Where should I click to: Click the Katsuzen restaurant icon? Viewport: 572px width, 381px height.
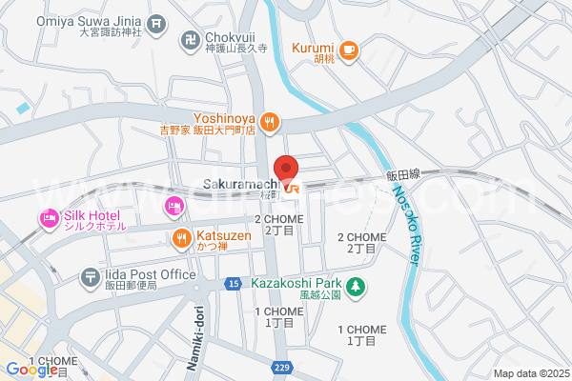[179, 237]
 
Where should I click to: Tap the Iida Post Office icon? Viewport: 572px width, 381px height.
[90, 276]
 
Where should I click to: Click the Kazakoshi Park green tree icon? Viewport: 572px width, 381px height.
[355, 286]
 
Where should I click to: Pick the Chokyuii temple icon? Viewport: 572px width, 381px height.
[188, 40]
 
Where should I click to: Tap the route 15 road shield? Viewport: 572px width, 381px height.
[234, 283]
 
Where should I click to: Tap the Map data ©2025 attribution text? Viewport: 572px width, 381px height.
[530, 372]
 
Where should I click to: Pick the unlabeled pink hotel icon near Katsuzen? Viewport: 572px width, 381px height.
[174, 206]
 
